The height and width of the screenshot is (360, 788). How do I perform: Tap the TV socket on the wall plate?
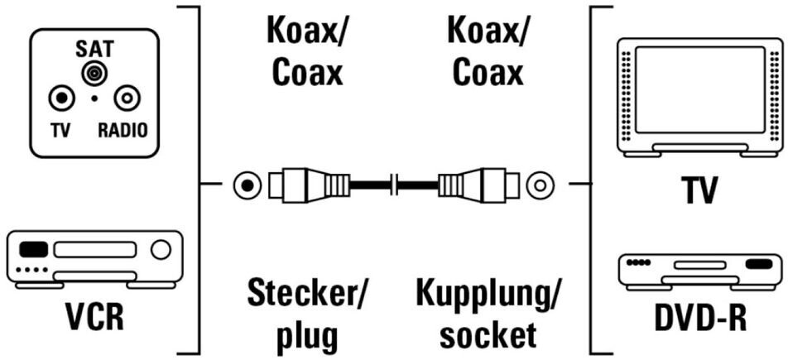click(60, 99)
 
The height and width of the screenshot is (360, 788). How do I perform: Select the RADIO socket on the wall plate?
click(125, 99)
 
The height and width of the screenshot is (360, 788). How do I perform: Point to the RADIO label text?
click(123, 131)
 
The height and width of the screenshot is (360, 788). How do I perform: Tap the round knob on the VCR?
click(161, 248)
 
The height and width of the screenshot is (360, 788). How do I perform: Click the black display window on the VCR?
click(34, 247)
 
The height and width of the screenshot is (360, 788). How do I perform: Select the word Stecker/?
click(309, 294)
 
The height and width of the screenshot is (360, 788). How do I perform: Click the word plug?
click(307, 335)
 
